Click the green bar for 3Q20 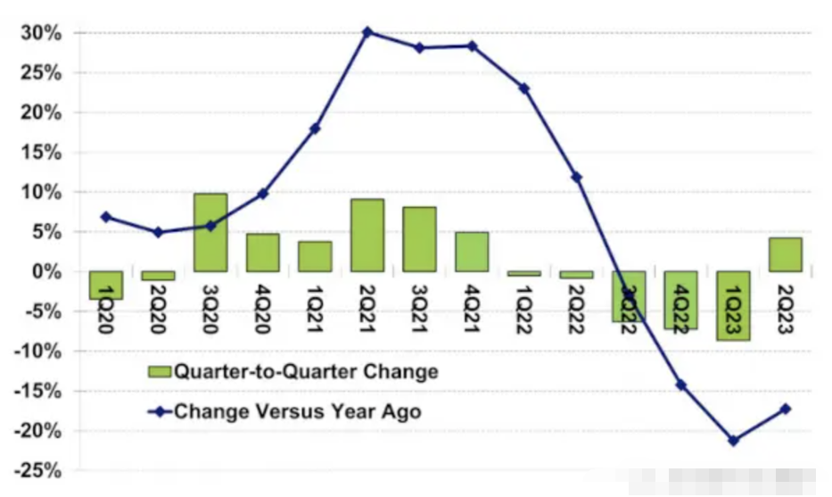click(x=210, y=232)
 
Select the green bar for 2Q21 click(x=367, y=235)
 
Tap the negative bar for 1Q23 click(x=734, y=305)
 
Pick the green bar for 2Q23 click(x=786, y=254)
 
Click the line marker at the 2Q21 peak click(x=367, y=32)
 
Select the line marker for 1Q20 click(x=105, y=217)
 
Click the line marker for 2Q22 click(x=577, y=178)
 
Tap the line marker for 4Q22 click(x=681, y=385)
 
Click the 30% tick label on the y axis click(x=41, y=33)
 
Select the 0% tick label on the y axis click(x=46, y=271)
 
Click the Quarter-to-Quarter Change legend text click(x=307, y=371)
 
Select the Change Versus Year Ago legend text click(x=297, y=411)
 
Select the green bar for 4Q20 click(x=263, y=253)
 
